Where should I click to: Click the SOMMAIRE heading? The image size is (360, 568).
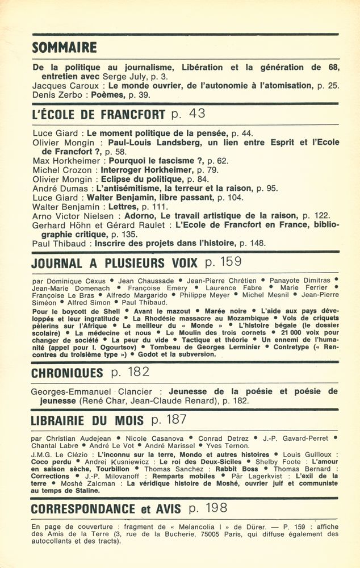64,48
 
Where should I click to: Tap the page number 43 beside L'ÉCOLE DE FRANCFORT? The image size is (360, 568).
196,114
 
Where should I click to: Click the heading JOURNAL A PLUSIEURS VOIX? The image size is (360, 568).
115,263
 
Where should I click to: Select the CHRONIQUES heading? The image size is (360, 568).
67,373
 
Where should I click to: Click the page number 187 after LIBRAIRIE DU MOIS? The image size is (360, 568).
175,420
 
